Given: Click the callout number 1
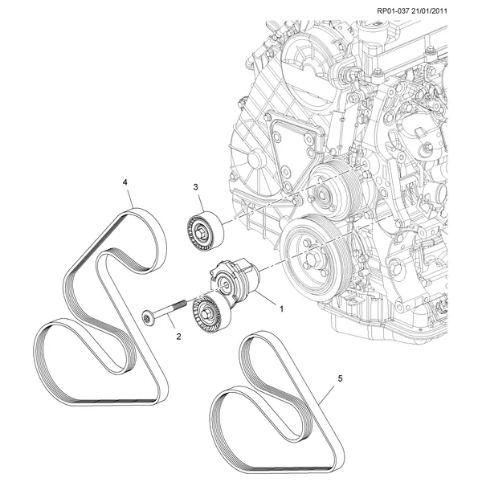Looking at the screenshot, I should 282,307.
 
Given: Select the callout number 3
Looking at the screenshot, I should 195,187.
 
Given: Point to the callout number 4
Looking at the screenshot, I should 125,182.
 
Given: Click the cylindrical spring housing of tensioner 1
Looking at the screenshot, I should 239,278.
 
